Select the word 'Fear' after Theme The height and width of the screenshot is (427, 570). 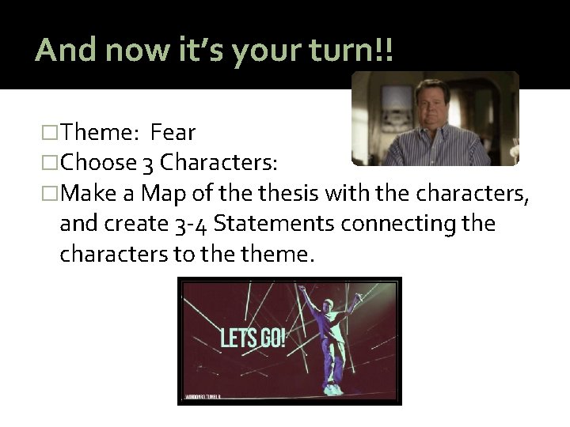click(x=173, y=132)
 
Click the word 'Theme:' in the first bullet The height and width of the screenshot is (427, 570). click(x=100, y=132)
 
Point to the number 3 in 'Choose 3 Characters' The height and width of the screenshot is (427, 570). click(x=148, y=163)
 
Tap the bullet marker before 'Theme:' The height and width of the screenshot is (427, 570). click(x=51, y=133)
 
